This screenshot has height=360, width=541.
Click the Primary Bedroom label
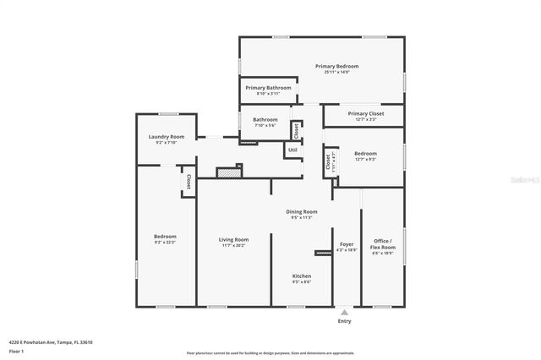[336, 66]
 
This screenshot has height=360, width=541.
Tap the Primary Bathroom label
[268, 88]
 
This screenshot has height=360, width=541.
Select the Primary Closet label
[365, 113]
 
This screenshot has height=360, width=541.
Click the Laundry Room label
[166, 137]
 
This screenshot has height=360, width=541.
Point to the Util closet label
[292, 150]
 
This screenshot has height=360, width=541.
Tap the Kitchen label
[302, 276]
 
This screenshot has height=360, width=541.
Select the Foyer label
[347, 243]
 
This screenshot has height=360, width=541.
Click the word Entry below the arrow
[344, 321]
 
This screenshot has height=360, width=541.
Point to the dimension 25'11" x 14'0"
[336, 73]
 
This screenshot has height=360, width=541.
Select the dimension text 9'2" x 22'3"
[165, 243]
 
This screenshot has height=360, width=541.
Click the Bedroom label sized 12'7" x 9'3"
[365, 153]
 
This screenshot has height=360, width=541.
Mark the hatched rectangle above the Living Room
[228, 172]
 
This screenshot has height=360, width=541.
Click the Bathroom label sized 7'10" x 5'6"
[265, 120]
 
